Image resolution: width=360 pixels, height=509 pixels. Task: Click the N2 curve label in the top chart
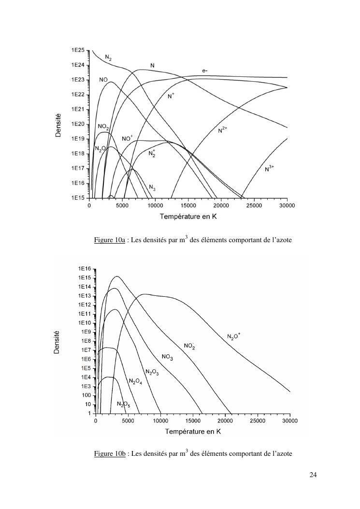pyautogui.click(x=108, y=58)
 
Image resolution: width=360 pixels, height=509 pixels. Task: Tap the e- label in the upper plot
pyautogui.click(x=205, y=71)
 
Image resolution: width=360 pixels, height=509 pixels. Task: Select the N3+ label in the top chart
pyautogui.click(x=270, y=168)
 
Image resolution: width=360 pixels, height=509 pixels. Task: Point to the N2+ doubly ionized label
pyautogui.click(x=223, y=130)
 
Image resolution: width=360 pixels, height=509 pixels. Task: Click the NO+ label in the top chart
pyautogui.click(x=127, y=138)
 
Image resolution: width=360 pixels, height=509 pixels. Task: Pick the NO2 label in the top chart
pyautogui.click(x=103, y=127)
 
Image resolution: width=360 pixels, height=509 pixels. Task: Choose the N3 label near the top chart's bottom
pyautogui.click(x=152, y=187)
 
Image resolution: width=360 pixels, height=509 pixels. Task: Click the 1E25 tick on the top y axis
pyautogui.click(x=78, y=50)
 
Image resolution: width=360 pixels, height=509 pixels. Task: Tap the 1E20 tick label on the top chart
pyautogui.click(x=78, y=124)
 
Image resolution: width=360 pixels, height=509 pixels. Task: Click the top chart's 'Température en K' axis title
pyautogui.click(x=188, y=216)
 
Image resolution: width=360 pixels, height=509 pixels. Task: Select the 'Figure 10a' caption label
pyautogui.click(x=110, y=240)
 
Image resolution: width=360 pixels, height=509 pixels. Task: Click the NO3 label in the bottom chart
pyautogui.click(x=167, y=357)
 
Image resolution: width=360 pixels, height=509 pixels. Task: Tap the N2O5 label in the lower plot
pyautogui.click(x=123, y=404)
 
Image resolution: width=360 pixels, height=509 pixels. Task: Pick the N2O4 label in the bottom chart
pyautogui.click(x=135, y=381)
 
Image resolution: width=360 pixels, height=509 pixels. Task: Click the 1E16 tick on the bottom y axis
pyautogui.click(x=85, y=269)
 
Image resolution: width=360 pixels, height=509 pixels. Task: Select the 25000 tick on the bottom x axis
pyautogui.click(x=258, y=421)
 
